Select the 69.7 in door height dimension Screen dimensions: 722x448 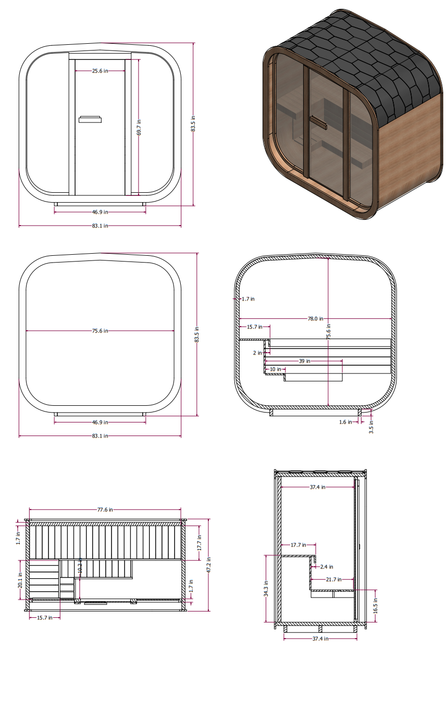[x=139, y=127]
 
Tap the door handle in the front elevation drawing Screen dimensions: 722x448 [x=90, y=119]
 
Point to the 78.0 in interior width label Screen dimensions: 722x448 [x=315, y=318]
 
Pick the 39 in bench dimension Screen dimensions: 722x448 [x=304, y=360]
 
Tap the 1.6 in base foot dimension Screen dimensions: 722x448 [x=345, y=422]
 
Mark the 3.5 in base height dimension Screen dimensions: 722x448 [x=371, y=429]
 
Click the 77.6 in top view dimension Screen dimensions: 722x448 [x=104, y=510]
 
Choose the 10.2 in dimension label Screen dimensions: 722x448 [x=80, y=567]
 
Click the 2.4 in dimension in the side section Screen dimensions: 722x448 [x=327, y=567]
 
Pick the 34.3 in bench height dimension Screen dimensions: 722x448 [x=266, y=589]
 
